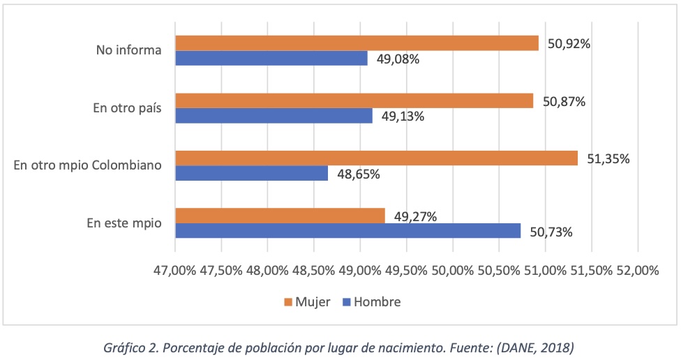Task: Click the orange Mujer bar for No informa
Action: coord(357,43)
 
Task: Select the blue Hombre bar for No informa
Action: coord(271,59)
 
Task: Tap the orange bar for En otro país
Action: coord(354,100)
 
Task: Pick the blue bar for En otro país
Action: coord(274,116)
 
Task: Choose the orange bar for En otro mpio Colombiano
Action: coord(376,158)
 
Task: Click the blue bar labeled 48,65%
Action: coord(251,174)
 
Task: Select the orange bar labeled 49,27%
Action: coord(280,216)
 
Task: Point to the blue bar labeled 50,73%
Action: coord(347,231)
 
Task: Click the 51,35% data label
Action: coord(608,159)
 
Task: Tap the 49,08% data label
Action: coord(398,59)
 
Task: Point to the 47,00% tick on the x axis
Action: coord(174,270)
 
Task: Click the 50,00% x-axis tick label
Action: coord(452,270)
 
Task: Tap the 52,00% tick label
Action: coord(637,270)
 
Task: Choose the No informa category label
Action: coord(129,50)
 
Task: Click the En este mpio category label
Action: coord(124,223)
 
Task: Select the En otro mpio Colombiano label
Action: coord(88,165)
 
